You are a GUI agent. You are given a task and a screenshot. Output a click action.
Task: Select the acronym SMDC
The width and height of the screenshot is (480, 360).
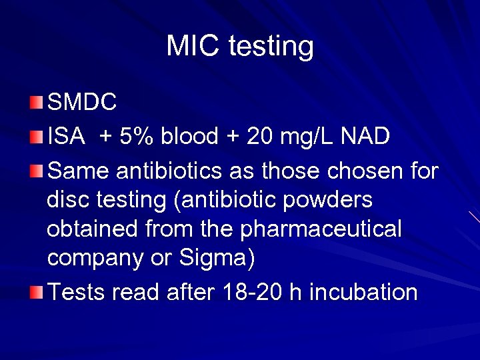point(83,102)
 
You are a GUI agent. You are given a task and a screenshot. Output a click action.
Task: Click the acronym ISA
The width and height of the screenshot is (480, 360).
point(66,137)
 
